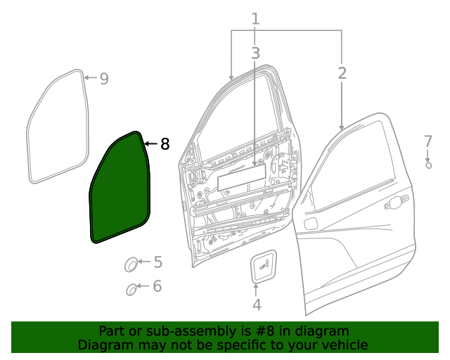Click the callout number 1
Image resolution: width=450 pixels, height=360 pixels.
pyautogui.click(x=255, y=19)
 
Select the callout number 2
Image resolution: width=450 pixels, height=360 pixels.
pyautogui.click(x=342, y=73)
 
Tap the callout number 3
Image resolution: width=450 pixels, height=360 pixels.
pyautogui.click(x=255, y=53)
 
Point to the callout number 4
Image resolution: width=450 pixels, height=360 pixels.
pyautogui.click(x=257, y=304)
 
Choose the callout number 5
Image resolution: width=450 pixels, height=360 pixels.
pyautogui.click(x=157, y=262)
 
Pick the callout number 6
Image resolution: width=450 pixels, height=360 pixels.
pyautogui.click(x=157, y=286)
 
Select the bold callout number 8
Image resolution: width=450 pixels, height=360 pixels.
pyautogui.click(x=165, y=144)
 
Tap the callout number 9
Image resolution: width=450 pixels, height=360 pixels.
pyautogui.click(x=104, y=79)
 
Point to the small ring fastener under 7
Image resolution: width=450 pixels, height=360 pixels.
pyautogui.click(x=428, y=166)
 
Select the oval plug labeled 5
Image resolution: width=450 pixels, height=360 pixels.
pyautogui.click(x=131, y=265)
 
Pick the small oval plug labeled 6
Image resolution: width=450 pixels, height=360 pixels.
pyautogui.click(x=131, y=288)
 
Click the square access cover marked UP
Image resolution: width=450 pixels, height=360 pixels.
pyautogui.click(x=264, y=266)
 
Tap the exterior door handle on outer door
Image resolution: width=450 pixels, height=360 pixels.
pyautogui.click(x=396, y=202)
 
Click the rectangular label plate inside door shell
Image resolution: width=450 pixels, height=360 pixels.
pyautogui.click(x=240, y=179)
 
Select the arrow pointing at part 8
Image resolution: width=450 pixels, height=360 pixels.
pyautogui.click(x=150, y=144)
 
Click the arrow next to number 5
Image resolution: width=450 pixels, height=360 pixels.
pyautogui.click(x=143, y=262)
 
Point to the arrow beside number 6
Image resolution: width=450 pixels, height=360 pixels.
pyautogui.click(x=143, y=286)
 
